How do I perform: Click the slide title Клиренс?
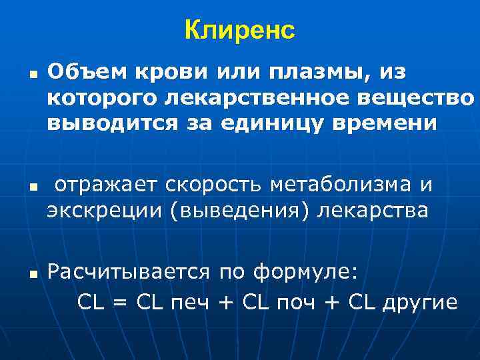pyautogui.click(x=239, y=30)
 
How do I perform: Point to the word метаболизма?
pyautogui.click(x=345, y=185)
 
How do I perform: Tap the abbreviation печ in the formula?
pyautogui.click(x=189, y=303)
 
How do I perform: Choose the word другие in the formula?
pyautogui.click(x=419, y=303)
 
